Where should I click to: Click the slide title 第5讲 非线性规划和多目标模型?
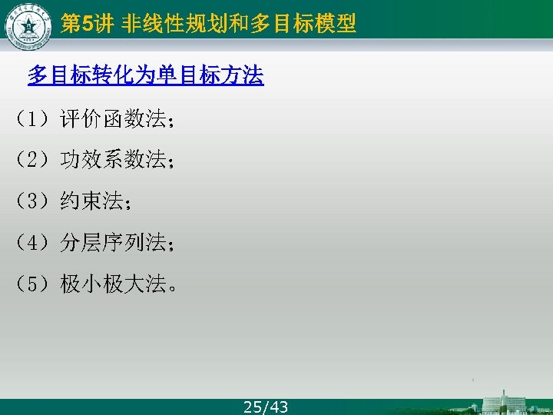pos(208,25)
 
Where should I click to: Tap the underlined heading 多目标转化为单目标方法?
pos(146,75)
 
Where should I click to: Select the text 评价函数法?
pos(114,119)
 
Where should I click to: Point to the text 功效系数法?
pos(114,160)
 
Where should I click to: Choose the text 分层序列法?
pos(114,243)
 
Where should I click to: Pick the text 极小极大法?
pos(114,284)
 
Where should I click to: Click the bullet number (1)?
pos(33,119)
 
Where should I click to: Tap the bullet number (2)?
pos(33,160)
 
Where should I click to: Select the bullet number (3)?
pos(33,201)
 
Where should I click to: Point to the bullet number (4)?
pos(33,243)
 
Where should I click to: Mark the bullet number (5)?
pos(33,284)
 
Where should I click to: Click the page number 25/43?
pos(266,407)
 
